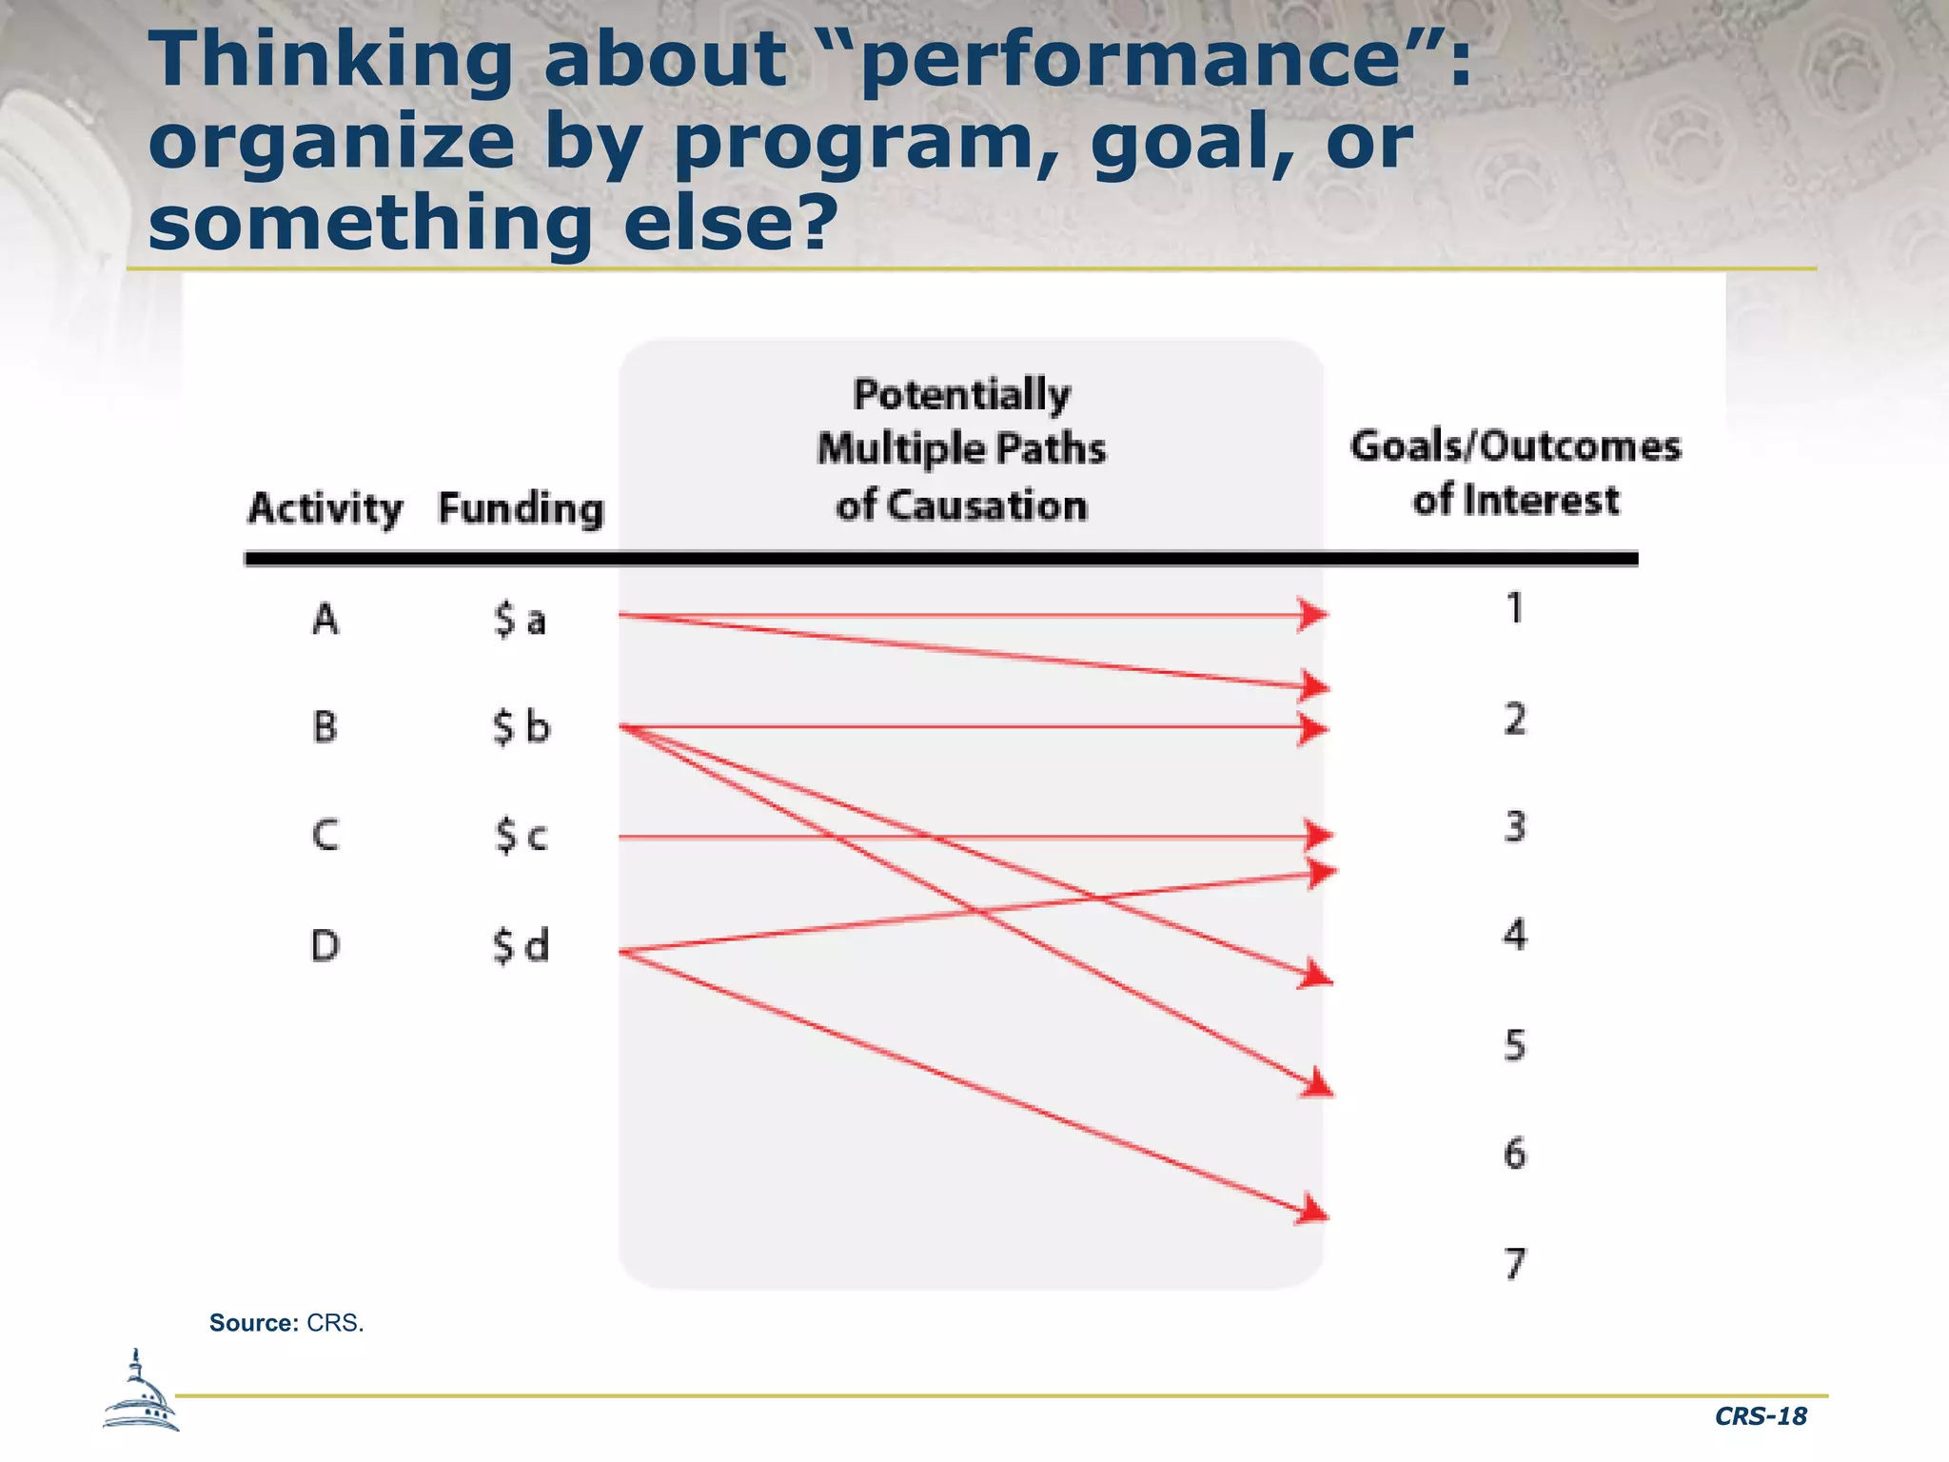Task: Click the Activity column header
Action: [x=325, y=508]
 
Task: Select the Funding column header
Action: [x=521, y=508]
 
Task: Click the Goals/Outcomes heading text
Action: [x=1515, y=446]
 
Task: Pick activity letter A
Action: [x=325, y=620]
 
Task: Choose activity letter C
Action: [x=325, y=836]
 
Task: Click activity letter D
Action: [x=325, y=946]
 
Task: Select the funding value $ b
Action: [x=521, y=727]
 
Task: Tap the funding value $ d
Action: [x=521, y=946]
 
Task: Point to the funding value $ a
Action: [x=520, y=620]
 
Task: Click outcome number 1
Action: [x=1515, y=608]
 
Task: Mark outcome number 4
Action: [x=1515, y=935]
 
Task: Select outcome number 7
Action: [x=1515, y=1264]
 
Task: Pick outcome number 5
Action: [x=1515, y=1045]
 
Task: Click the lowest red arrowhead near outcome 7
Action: [x=1313, y=1211]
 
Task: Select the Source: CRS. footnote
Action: [x=286, y=1323]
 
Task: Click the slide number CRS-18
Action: [x=1760, y=1416]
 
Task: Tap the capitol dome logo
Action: [x=140, y=1393]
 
